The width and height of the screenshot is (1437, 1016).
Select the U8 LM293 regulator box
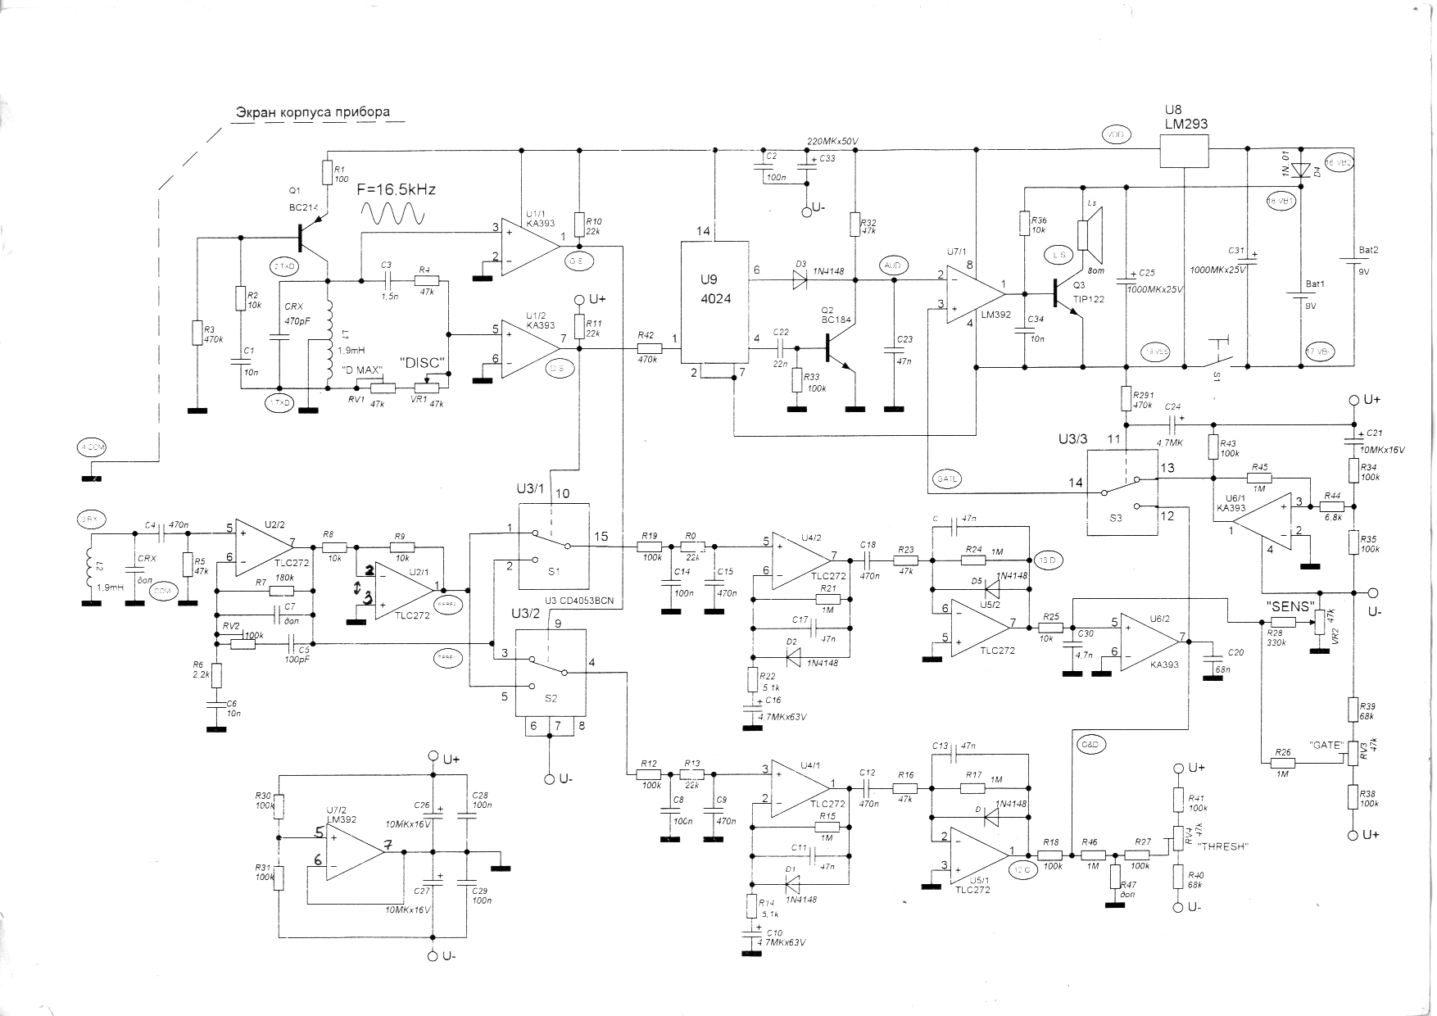pyautogui.click(x=1185, y=150)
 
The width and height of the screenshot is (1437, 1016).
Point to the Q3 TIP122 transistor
pyautogui.click(x=1069, y=300)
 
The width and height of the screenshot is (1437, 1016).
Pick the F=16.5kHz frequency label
pyautogui.click(x=397, y=190)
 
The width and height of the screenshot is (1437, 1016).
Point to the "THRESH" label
pyautogui.click(x=1222, y=847)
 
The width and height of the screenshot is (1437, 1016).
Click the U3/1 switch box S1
pyautogui.click(x=553, y=546)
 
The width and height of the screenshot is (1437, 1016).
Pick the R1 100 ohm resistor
pyautogui.click(x=327, y=172)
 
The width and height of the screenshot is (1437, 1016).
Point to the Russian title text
pyautogui.click(x=313, y=112)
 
